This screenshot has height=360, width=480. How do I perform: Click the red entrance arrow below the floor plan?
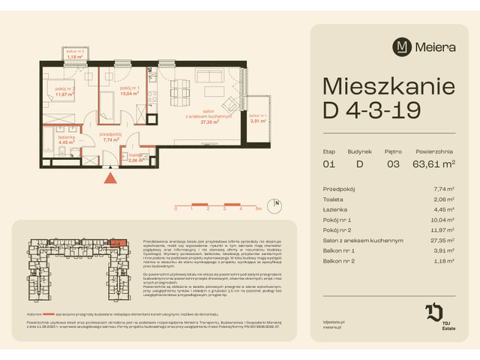coord(111,178)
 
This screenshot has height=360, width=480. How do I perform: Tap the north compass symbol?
coord(277,203)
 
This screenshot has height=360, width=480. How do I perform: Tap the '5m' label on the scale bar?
coord(257,209)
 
